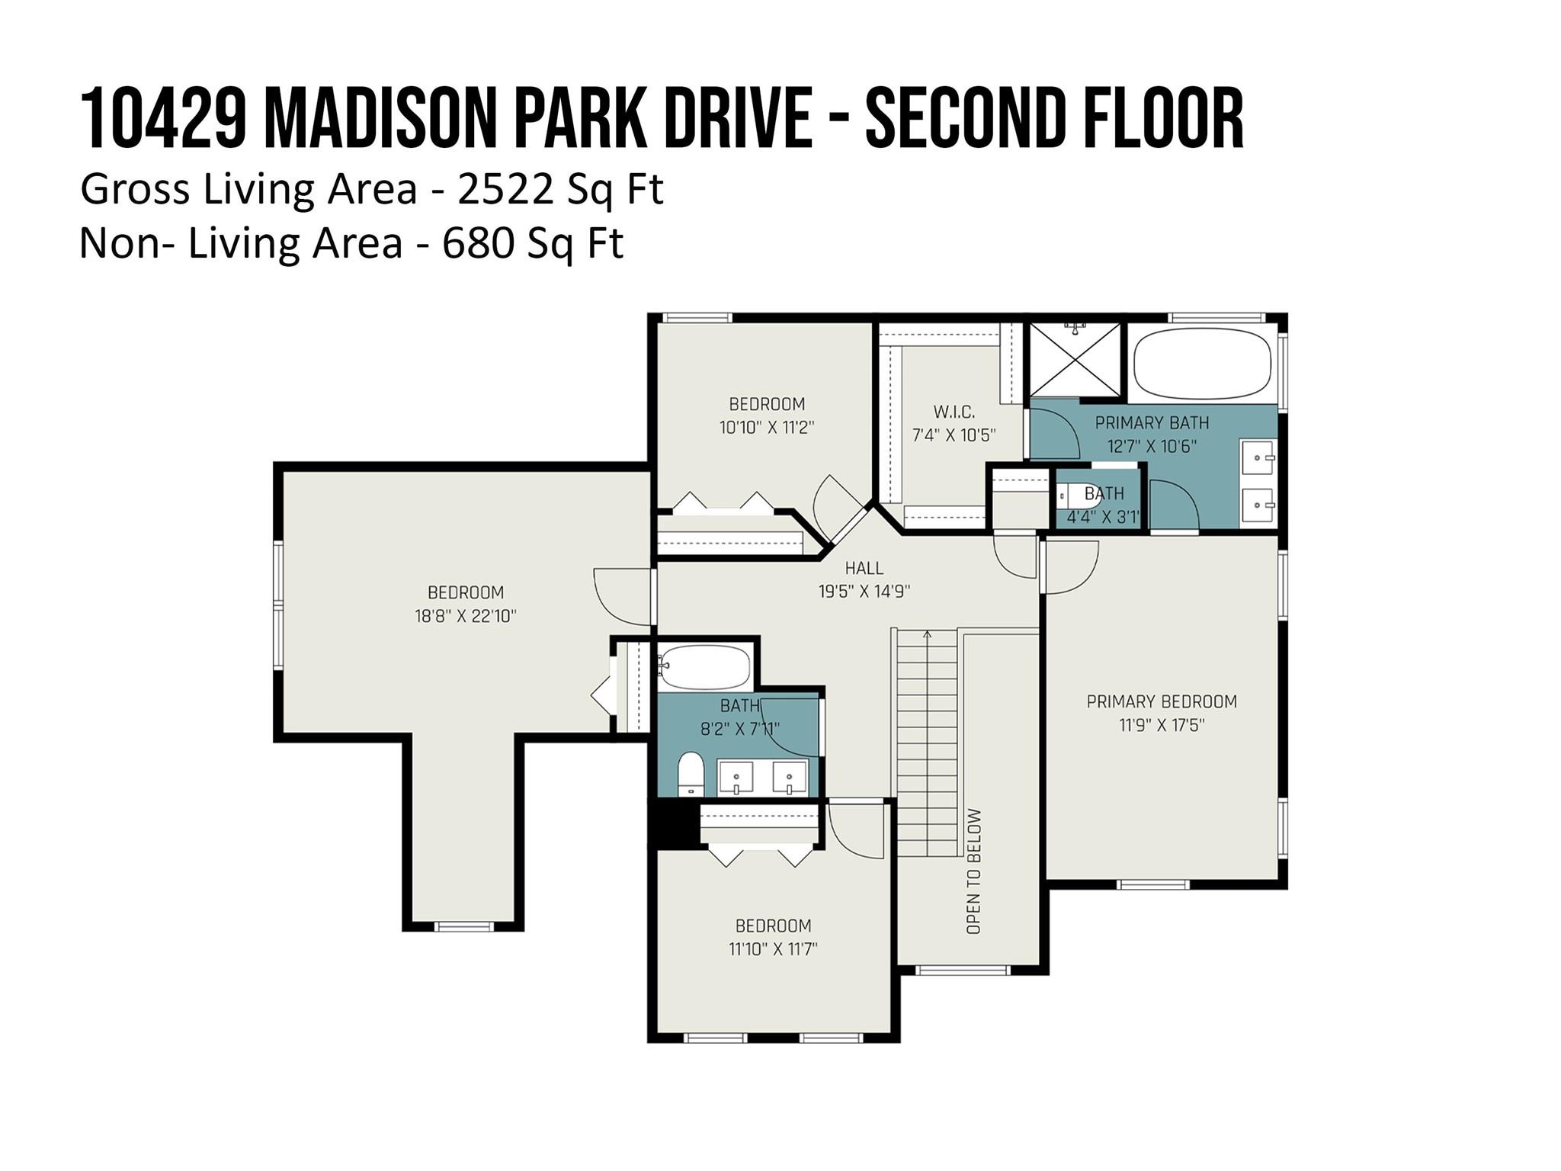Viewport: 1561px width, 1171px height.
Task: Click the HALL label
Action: (x=864, y=568)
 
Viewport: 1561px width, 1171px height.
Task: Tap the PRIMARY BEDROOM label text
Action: (x=1161, y=701)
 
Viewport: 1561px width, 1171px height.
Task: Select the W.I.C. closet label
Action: (x=954, y=412)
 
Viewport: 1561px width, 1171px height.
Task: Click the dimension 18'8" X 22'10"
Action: (x=466, y=616)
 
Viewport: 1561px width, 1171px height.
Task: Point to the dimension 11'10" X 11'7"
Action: (x=773, y=949)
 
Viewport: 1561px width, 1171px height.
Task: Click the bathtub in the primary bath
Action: (x=1202, y=364)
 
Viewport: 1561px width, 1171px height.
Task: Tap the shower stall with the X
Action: (x=1075, y=360)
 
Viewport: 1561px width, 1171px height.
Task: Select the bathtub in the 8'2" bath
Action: (x=705, y=666)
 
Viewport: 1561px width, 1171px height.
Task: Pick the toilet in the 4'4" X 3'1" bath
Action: (x=1078, y=496)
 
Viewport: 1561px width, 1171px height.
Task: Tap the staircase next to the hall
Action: (x=927, y=743)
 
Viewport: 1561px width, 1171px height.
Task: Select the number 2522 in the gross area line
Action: (x=506, y=189)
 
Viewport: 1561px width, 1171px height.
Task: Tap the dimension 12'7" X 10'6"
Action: (x=1152, y=447)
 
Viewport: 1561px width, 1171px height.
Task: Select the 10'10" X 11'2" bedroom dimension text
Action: (x=767, y=428)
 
